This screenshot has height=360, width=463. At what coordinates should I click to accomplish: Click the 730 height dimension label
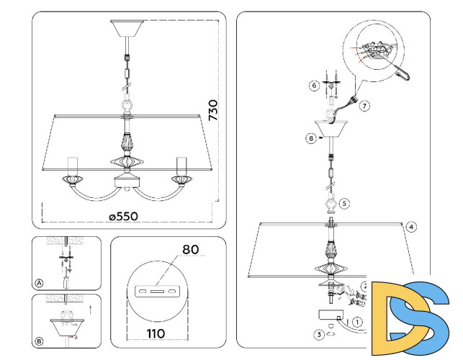(x=213, y=110)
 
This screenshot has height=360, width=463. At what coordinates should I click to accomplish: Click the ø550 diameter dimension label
(x=123, y=217)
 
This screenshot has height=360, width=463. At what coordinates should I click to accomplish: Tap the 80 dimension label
(x=191, y=250)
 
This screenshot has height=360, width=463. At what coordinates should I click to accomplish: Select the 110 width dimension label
(x=156, y=333)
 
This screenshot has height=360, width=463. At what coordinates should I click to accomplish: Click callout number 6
(x=314, y=86)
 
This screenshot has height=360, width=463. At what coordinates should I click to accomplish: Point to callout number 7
(x=364, y=106)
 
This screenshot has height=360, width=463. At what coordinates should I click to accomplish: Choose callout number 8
(x=311, y=138)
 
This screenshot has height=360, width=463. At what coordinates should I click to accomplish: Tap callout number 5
(x=344, y=204)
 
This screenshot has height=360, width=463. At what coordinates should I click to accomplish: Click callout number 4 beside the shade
(x=411, y=227)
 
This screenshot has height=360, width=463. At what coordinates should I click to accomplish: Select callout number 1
(x=358, y=322)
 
